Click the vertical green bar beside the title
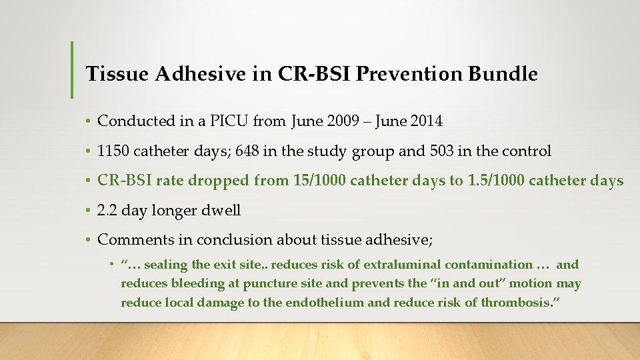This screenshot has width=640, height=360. tap(72, 69)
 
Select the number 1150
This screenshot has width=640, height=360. tap(113, 151)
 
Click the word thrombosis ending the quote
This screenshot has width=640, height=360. tap(521, 303)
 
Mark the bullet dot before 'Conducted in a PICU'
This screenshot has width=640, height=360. tap(88, 122)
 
